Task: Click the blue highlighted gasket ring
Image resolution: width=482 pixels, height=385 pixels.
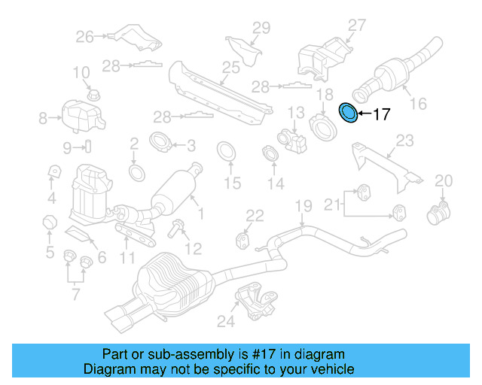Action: (349, 113)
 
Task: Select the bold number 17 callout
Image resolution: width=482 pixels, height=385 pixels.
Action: (382, 115)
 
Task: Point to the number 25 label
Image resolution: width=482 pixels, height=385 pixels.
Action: (230, 68)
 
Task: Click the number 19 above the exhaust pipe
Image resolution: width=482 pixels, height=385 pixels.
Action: (302, 206)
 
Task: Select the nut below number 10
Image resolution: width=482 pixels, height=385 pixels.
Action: (94, 95)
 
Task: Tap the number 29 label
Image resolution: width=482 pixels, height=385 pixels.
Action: (260, 29)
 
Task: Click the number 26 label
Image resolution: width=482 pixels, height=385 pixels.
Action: (84, 35)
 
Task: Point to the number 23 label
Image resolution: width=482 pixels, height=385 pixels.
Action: (405, 141)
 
